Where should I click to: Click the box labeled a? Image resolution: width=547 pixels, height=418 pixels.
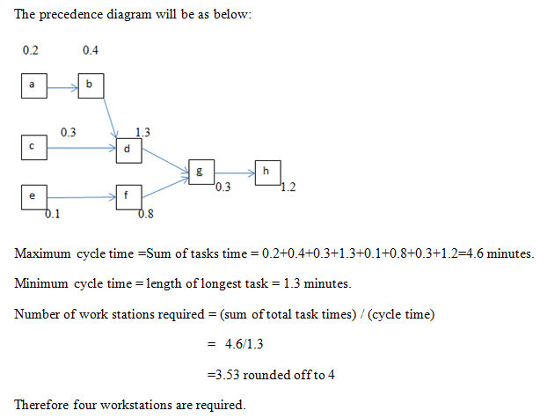click(x=34, y=86)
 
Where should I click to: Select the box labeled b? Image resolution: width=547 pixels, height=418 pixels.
click(x=91, y=86)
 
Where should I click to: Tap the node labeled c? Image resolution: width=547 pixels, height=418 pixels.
click(x=34, y=148)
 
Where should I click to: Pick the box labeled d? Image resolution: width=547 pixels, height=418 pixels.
click(x=129, y=150)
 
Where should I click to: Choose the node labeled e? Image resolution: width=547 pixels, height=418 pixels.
click(x=34, y=197)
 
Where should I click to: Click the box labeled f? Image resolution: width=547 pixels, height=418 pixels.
click(x=129, y=197)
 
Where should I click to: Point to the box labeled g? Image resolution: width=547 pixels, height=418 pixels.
click(x=201, y=172)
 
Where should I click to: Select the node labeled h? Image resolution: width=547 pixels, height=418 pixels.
click(x=268, y=172)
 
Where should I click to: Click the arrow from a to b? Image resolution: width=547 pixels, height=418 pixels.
click(x=62, y=88)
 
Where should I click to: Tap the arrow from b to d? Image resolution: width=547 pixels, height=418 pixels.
click(x=110, y=118)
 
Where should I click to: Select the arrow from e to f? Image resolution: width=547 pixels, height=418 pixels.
click(x=82, y=198)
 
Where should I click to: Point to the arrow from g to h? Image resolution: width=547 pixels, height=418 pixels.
click(x=235, y=172)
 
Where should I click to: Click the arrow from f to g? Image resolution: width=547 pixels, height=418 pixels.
click(x=165, y=187)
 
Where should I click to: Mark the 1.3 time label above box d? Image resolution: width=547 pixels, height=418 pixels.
click(x=142, y=132)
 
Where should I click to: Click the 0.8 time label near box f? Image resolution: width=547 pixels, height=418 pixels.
click(x=146, y=214)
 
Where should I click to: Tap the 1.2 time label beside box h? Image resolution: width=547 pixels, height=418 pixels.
click(x=288, y=187)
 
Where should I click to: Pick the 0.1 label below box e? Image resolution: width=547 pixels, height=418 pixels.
click(x=53, y=214)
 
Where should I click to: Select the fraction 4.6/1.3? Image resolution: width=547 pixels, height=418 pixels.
click(x=244, y=344)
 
